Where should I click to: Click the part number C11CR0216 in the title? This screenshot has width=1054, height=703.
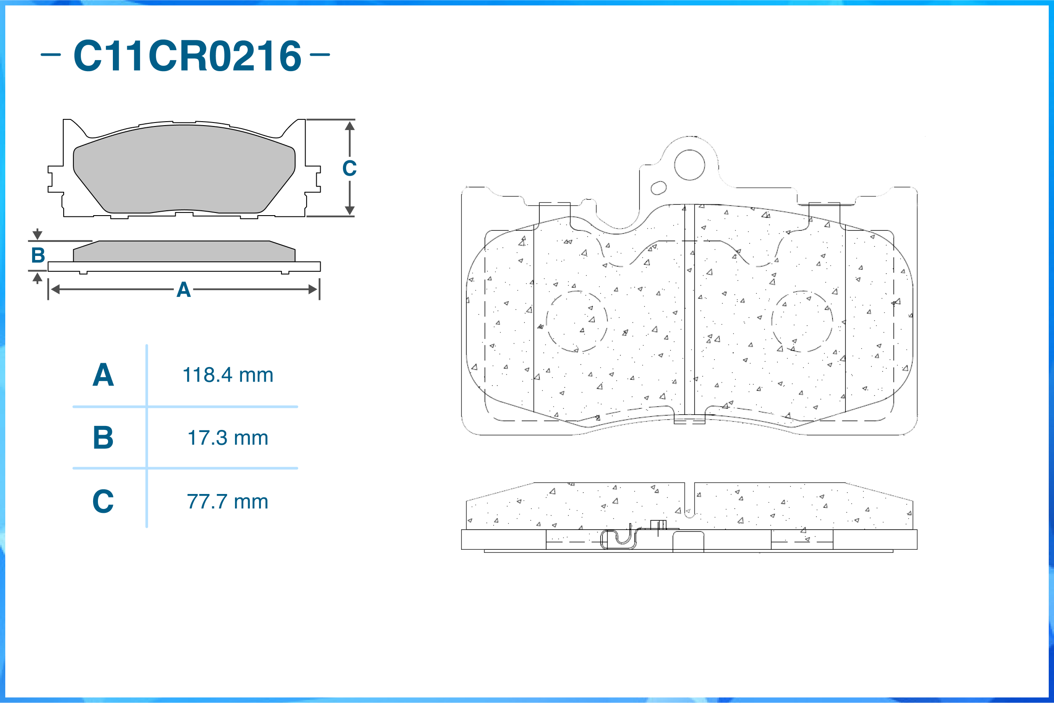point(188,56)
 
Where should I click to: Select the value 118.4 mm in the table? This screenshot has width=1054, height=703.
point(228,375)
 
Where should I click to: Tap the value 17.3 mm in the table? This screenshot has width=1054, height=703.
point(228,438)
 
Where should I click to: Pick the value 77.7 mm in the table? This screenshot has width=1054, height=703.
point(228,502)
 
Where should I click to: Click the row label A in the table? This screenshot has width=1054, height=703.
point(103,375)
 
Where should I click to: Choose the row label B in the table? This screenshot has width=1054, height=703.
point(103,438)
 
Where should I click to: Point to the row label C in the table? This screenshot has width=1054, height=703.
point(103,501)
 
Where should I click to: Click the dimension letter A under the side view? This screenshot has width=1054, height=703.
point(184,290)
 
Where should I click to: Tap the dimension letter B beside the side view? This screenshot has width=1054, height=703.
point(38,256)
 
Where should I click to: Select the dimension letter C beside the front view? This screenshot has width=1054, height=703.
point(350,169)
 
